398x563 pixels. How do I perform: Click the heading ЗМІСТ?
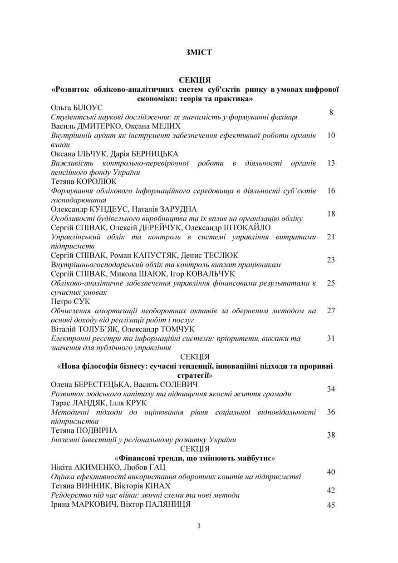click(x=199, y=53)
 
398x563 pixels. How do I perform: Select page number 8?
click(x=331, y=112)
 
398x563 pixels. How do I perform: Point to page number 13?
click(x=331, y=163)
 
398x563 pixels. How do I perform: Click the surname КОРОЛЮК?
click(x=98, y=182)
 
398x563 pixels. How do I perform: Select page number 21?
click(x=331, y=237)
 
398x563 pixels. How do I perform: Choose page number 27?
click(x=331, y=311)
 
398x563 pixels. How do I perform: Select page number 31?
click(x=331, y=338)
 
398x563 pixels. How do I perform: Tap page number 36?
click(x=331, y=412)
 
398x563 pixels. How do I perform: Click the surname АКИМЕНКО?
click(x=97, y=468)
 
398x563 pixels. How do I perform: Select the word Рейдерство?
click(x=69, y=495)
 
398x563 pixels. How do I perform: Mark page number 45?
click(x=331, y=505)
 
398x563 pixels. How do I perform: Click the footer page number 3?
click(x=199, y=526)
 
